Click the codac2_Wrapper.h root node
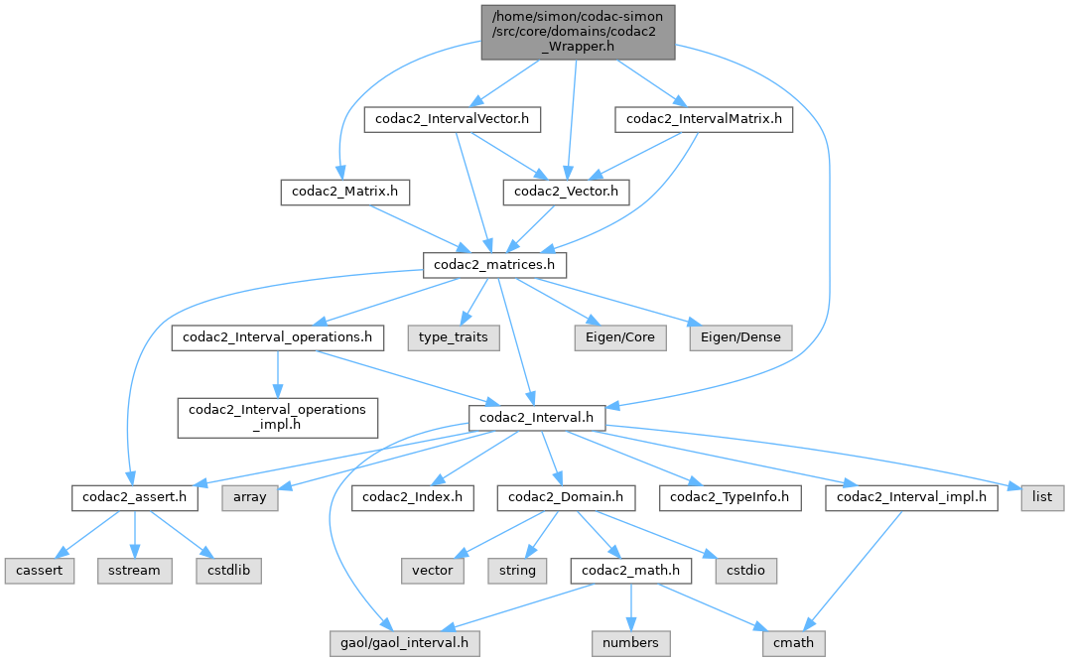(x=578, y=31)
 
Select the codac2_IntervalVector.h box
(x=453, y=119)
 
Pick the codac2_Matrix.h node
(x=344, y=191)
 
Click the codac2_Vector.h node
(x=566, y=191)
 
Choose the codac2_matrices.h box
(x=495, y=265)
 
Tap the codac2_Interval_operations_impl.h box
(x=277, y=417)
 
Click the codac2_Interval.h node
(x=535, y=418)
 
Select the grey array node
(x=249, y=497)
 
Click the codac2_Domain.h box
(x=566, y=497)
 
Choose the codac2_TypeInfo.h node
(x=735, y=497)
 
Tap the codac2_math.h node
(x=629, y=571)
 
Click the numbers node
(x=630, y=642)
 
